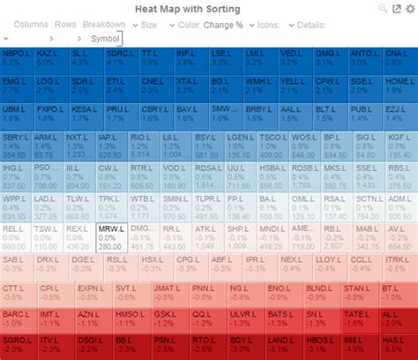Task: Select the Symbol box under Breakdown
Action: (x=101, y=39)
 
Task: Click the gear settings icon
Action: (x=409, y=8)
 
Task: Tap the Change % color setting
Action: (x=224, y=25)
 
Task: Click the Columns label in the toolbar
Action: (x=32, y=25)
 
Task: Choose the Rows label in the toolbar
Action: (x=66, y=25)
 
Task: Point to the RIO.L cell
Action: (x=144, y=144)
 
